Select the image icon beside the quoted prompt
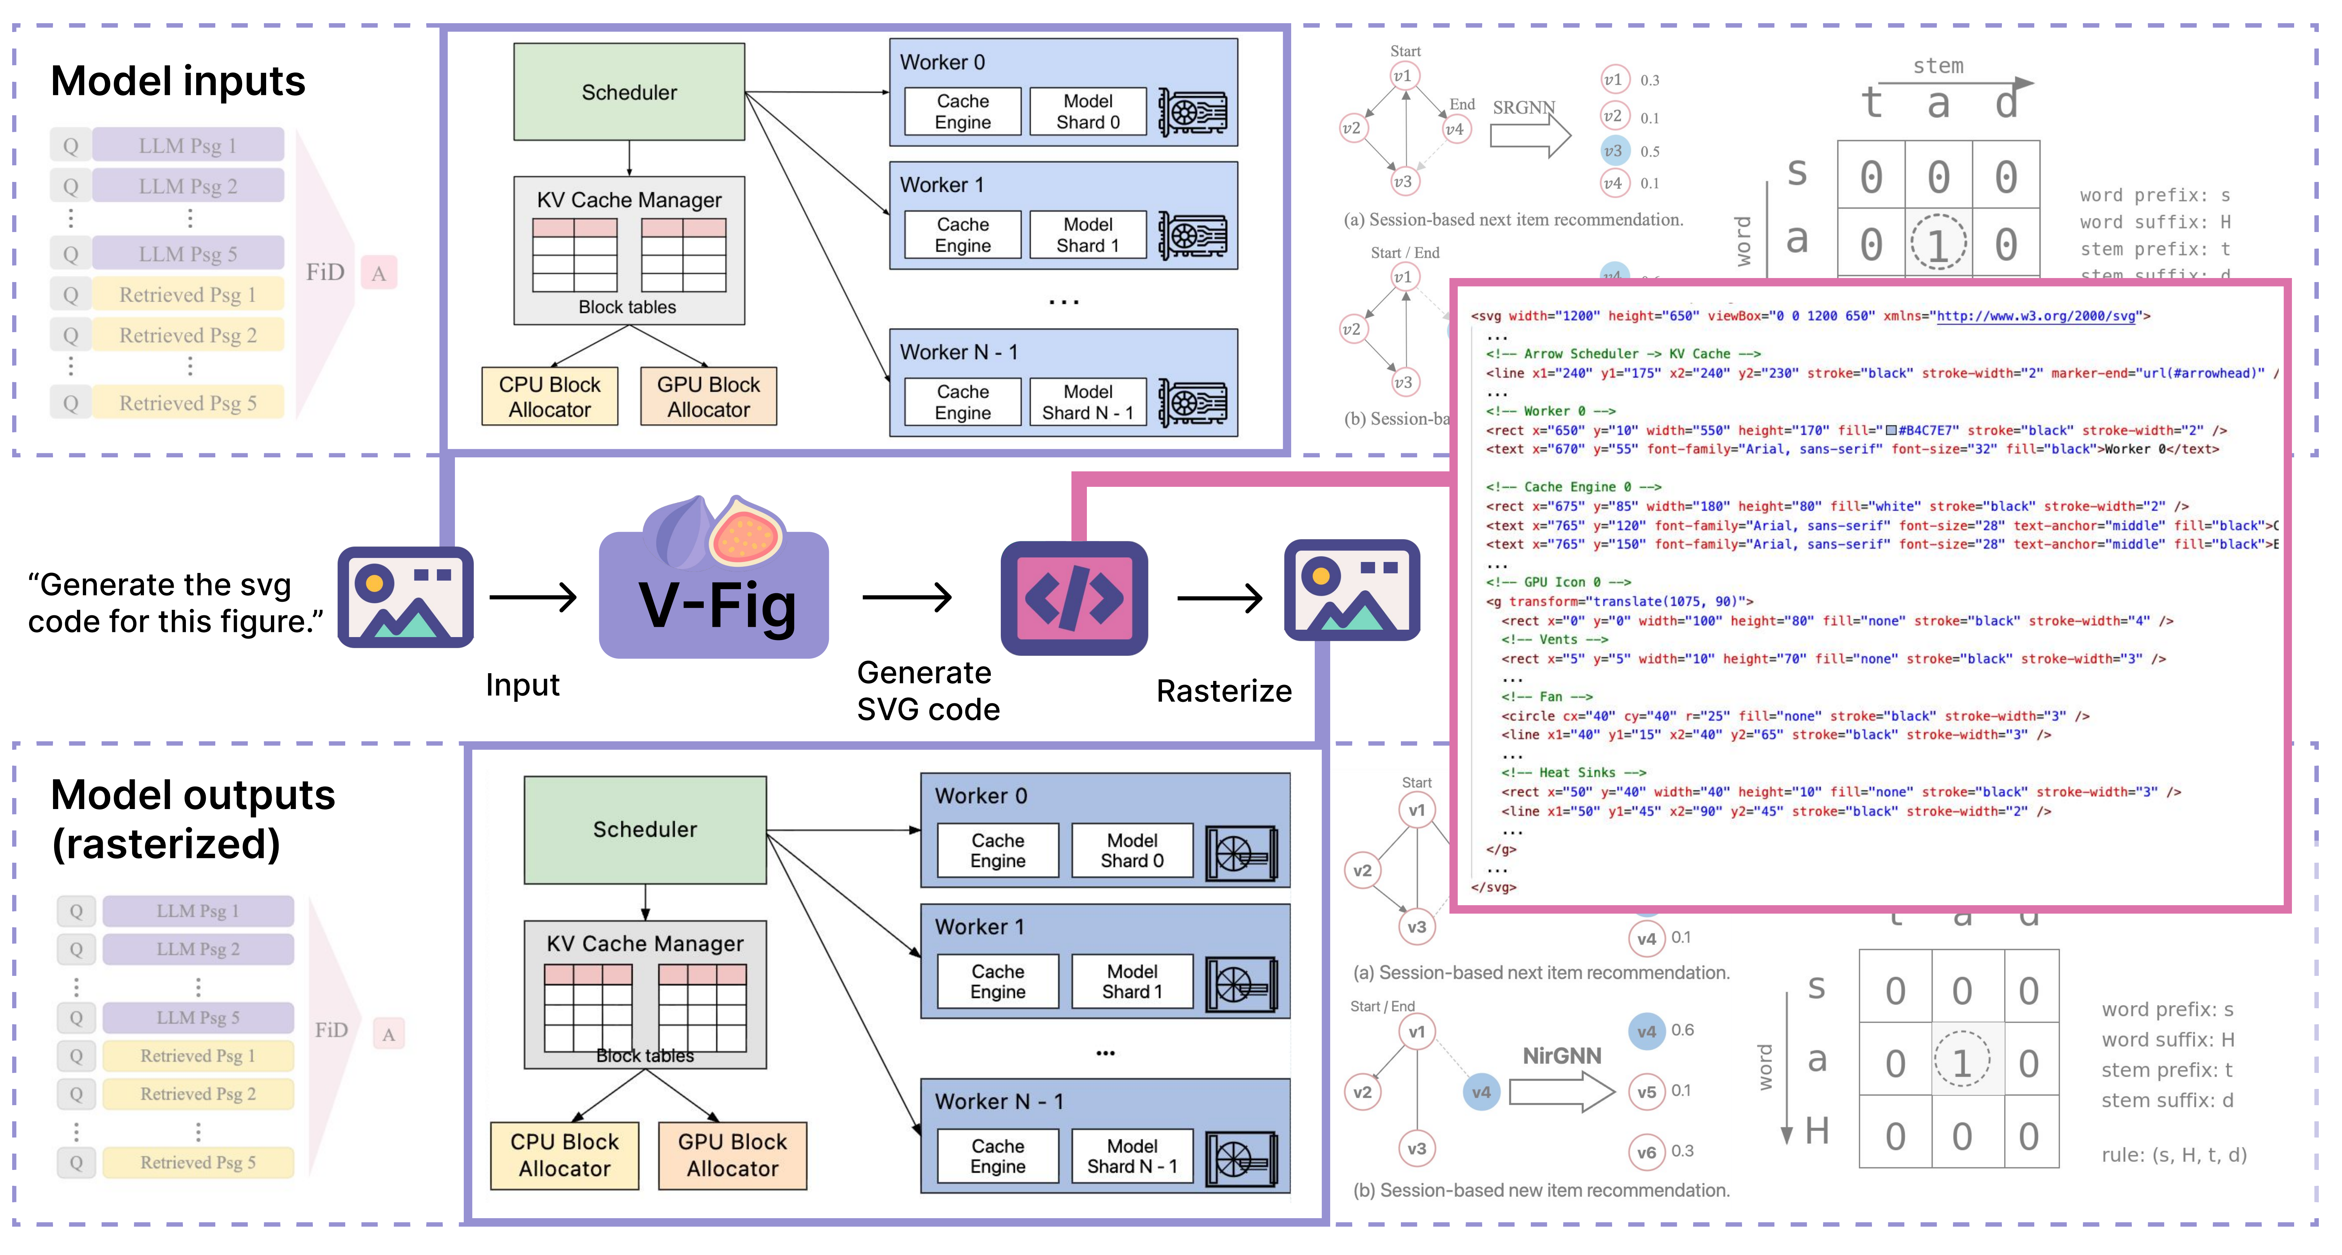(x=406, y=598)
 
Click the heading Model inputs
(x=178, y=81)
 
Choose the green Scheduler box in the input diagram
(x=629, y=92)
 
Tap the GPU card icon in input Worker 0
(x=1192, y=113)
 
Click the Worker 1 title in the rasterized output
(x=979, y=927)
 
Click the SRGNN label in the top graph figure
(x=1524, y=107)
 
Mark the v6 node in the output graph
(x=1646, y=1151)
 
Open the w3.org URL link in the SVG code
(x=2036, y=316)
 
